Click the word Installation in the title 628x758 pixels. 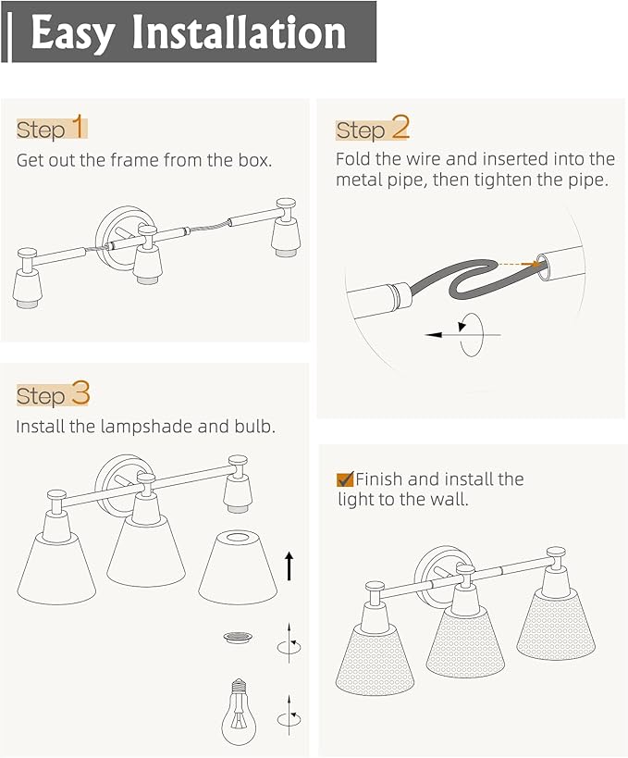[240, 32]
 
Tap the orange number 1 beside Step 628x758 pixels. [79, 126]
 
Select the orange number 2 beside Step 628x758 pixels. [400, 128]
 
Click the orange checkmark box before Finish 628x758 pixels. [345, 479]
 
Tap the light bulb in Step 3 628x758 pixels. [239, 712]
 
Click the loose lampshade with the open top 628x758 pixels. [237, 567]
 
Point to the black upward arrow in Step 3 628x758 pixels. [289, 565]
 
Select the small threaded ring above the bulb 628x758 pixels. [238, 637]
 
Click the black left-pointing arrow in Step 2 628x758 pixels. [462, 334]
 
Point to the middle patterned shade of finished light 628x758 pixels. [465, 640]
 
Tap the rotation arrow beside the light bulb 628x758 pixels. [289, 717]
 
